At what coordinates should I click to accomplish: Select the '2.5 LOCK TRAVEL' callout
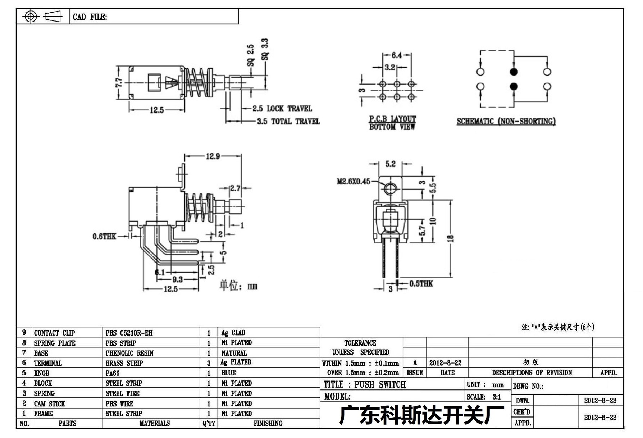(x=282, y=109)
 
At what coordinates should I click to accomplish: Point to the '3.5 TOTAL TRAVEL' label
(x=288, y=122)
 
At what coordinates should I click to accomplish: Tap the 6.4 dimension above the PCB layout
(x=397, y=55)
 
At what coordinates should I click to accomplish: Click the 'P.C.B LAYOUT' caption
(x=392, y=119)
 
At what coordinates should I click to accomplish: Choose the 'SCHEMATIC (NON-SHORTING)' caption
(x=506, y=122)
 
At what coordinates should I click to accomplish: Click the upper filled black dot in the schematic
(x=514, y=72)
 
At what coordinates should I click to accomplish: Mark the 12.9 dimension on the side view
(x=213, y=156)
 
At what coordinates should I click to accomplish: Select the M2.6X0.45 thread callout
(x=354, y=182)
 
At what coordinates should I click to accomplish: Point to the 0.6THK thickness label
(x=104, y=236)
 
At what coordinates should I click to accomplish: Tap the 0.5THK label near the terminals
(x=421, y=284)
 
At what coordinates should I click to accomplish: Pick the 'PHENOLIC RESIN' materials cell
(x=129, y=353)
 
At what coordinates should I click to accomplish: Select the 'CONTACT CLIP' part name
(x=54, y=333)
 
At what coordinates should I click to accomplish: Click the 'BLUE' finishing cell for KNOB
(x=228, y=373)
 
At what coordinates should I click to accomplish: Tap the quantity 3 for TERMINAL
(x=209, y=363)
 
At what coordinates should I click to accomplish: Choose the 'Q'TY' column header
(x=209, y=424)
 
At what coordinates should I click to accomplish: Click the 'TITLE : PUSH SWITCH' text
(x=365, y=385)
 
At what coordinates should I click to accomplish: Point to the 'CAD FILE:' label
(x=90, y=17)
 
